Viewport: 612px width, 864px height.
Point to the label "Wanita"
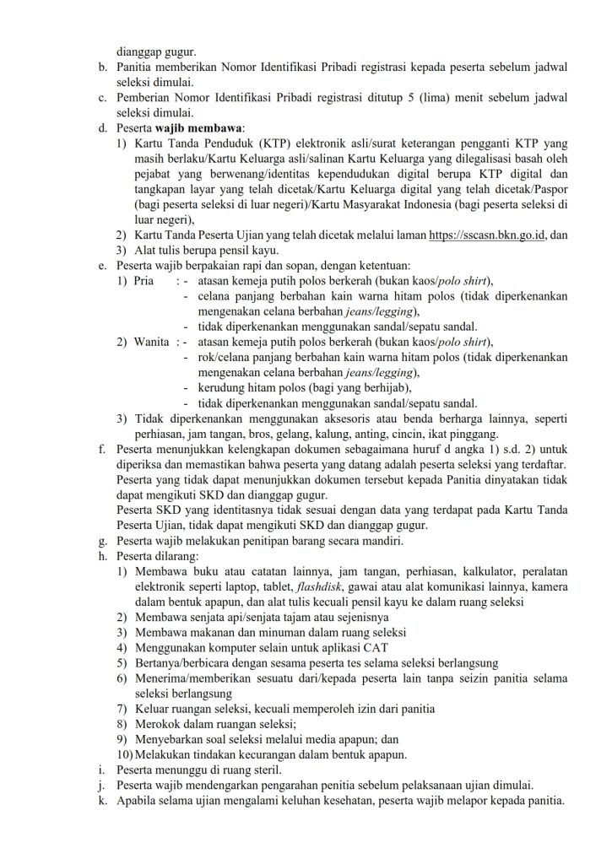click(x=152, y=342)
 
